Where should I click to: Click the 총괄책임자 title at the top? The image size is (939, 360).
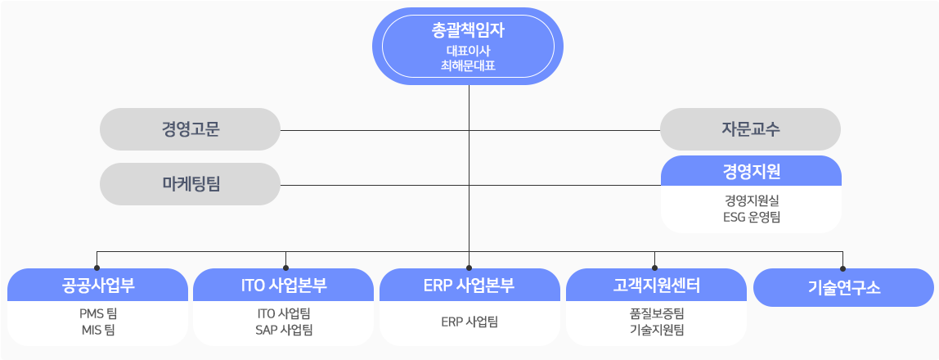point(469,31)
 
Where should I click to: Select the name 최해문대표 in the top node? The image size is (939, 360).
point(469,65)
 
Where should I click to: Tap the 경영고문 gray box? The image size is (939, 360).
point(190,129)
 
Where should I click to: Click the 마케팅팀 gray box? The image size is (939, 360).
point(190,184)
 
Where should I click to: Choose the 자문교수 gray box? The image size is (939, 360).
point(750,129)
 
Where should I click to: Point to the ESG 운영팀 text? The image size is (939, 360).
point(751,217)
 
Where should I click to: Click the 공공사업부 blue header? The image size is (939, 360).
point(97,285)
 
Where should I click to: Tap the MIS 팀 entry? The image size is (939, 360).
point(97,330)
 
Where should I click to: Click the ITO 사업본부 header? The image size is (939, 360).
point(283,285)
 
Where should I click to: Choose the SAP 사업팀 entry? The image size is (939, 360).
point(283,330)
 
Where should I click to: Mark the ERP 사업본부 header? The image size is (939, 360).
point(470,285)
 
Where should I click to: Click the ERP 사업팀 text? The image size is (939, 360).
point(469,322)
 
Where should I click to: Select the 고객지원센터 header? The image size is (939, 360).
point(656,285)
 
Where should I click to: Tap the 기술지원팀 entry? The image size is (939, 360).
point(657,330)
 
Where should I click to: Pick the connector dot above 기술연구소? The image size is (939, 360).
point(842,268)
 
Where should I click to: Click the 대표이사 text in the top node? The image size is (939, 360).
point(469,51)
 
